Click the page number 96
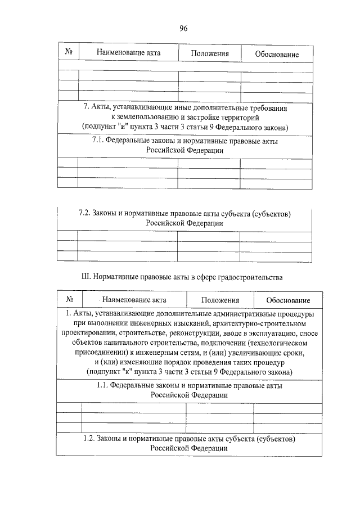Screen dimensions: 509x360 tap(183, 28)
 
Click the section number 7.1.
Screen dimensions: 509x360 tap(100, 141)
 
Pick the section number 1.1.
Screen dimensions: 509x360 tap(100, 386)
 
